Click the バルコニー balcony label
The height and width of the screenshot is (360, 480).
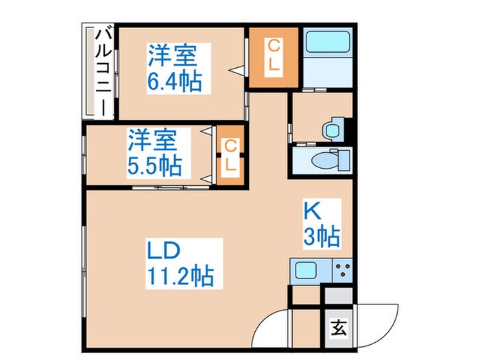tap(100, 70)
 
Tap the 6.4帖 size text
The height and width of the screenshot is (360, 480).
tap(173, 82)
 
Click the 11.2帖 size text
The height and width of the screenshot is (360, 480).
tap(180, 276)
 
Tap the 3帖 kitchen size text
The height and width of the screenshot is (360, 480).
tap(322, 237)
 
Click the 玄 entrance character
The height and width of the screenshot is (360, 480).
tap(339, 327)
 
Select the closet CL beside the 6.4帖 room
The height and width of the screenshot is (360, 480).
tap(274, 58)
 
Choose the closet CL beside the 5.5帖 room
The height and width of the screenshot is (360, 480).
tap(231, 156)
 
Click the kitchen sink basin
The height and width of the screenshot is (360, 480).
tap(306, 270)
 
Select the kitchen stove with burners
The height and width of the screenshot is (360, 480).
tap(341, 270)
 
